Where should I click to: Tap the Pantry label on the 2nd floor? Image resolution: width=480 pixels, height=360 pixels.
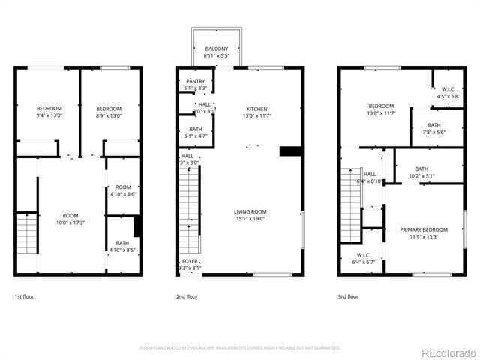(195, 81)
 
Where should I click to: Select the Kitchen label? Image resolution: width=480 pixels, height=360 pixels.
(256, 108)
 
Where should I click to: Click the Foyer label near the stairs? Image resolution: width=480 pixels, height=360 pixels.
(190, 261)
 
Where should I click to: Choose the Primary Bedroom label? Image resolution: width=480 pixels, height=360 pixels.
(424, 229)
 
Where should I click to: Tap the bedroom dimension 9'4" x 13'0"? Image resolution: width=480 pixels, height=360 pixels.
(49, 115)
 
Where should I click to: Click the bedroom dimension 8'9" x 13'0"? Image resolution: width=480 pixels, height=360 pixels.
(109, 115)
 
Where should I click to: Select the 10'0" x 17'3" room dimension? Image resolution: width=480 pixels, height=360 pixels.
(70, 223)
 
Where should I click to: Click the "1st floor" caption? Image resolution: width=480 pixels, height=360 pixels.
(24, 296)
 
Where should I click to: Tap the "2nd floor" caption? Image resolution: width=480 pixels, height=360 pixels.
(187, 296)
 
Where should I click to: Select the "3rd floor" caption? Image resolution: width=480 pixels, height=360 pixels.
(348, 296)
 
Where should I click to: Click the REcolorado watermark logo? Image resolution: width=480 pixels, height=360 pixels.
(448, 352)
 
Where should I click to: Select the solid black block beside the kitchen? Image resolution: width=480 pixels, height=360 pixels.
(289, 151)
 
